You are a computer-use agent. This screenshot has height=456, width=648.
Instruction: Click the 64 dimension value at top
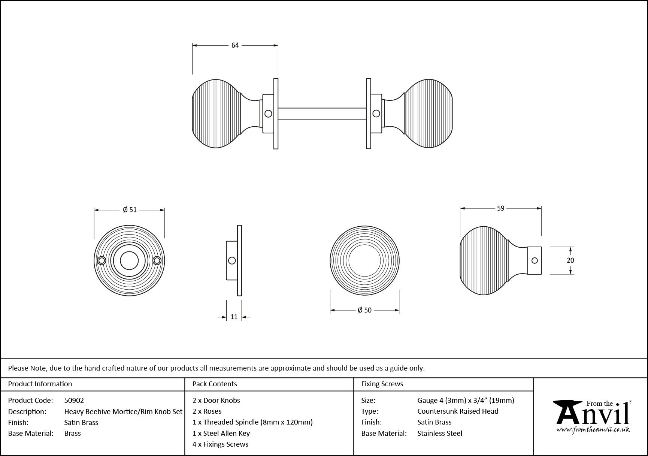[x=235, y=45]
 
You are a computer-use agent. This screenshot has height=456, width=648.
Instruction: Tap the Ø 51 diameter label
[x=130, y=210]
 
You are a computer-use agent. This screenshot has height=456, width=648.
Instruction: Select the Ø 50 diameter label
[x=364, y=310]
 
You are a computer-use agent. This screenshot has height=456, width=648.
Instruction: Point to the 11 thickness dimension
[x=234, y=317]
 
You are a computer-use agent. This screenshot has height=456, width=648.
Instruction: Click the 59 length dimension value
[x=500, y=208]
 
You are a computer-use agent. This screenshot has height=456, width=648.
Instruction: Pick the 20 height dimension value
[x=570, y=260]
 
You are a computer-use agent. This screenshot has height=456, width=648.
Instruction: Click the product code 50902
[x=74, y=400]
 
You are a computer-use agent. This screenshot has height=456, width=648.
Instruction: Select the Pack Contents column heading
[x=215, y=384]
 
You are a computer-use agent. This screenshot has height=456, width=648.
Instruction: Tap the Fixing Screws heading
[x=382, y=384]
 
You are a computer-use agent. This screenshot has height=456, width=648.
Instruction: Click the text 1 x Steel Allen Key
[x=221, y=433]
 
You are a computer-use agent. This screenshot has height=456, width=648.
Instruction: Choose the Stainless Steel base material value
[x=440, y=433]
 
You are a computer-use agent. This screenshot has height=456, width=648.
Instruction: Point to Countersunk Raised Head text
[x=458, y=411]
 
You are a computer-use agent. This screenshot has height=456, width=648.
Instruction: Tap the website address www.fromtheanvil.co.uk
[x=593, y=430]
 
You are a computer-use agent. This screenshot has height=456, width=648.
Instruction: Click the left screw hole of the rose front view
[x=101, y=260]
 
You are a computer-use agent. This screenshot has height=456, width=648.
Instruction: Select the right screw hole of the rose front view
[x=157, y=260]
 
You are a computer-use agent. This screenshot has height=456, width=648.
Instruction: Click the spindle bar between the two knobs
[x=322, y=114]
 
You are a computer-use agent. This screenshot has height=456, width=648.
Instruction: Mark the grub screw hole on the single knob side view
[x=535, y=260]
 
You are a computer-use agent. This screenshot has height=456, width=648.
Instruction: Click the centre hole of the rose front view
[x=129, y=260]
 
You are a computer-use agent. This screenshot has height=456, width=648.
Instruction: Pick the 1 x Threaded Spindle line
[x=252, y=422]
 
